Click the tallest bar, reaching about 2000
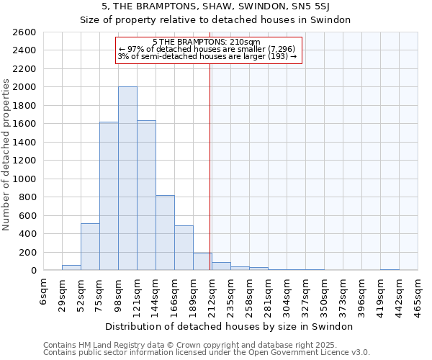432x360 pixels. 127,179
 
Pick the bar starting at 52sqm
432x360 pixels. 90,247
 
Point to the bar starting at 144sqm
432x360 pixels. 165,233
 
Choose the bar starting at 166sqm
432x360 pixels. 184,248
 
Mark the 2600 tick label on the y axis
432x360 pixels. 24,32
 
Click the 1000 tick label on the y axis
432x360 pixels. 24,179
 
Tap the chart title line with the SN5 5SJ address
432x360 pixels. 216,6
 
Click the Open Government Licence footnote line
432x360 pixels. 207,353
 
